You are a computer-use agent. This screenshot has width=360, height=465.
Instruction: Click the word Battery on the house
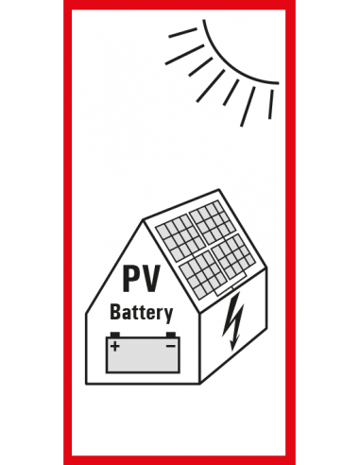tap(142, 312)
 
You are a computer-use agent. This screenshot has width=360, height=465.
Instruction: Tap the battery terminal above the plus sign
tap(115, 335)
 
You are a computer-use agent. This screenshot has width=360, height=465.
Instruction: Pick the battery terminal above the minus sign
tap(170, 335)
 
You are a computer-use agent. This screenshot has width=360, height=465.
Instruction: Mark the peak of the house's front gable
tap(143, 221)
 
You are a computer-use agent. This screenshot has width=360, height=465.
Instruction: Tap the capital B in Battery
tap(116, 311)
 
